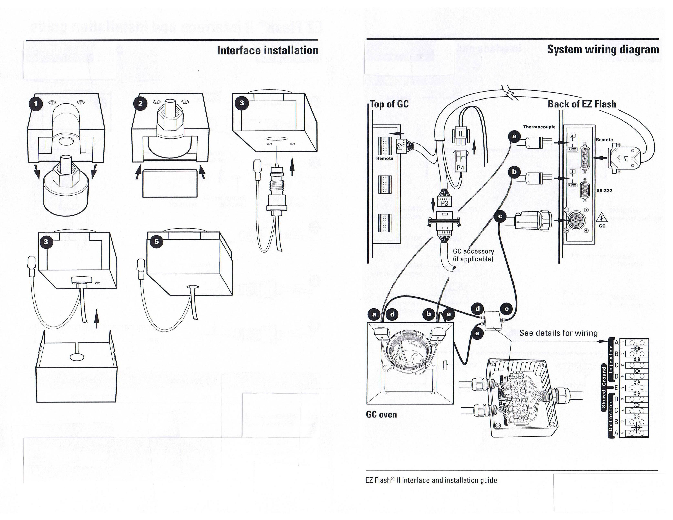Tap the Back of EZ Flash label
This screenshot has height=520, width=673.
(x=582, y=104)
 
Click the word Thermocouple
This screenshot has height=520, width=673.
(x=539, y=127)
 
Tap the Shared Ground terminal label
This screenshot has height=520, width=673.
(x=604, y=387)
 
